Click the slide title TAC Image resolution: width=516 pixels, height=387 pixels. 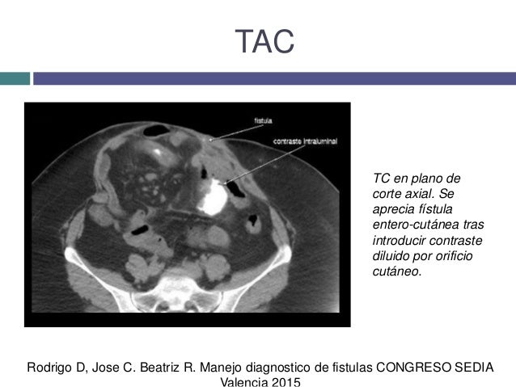264,41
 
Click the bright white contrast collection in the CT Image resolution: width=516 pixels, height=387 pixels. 212,196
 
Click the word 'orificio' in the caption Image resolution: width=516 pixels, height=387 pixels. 455,256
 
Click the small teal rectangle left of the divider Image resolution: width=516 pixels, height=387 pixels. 15,78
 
